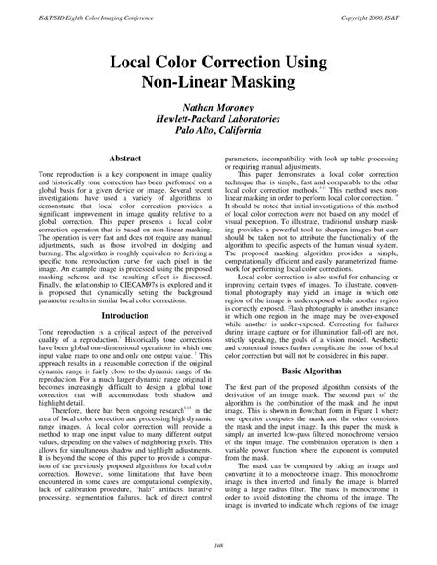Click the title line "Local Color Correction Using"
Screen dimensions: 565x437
click(x=218, y=63)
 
